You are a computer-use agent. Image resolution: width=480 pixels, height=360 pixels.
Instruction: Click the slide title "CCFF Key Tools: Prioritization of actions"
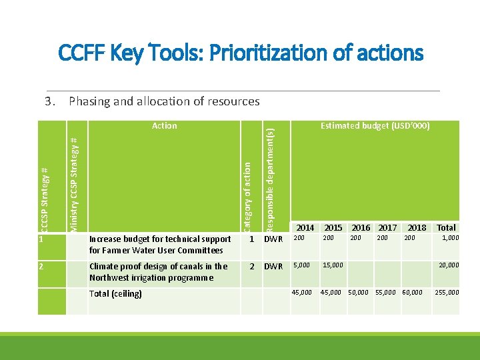(241, 52)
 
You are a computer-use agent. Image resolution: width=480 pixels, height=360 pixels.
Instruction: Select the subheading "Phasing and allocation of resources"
(164, 101)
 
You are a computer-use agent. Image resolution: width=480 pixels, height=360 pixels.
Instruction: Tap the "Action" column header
(164, 125)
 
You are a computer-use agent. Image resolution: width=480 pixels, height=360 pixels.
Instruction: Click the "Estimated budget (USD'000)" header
(375, 125)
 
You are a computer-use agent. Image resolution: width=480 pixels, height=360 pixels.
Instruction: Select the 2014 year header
(305, 228)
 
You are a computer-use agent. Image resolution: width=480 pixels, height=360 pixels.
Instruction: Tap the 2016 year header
(361, 228)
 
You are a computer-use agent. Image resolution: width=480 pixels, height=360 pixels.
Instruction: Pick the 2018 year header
(417, 228)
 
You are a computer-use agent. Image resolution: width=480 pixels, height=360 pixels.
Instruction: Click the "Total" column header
(446, 228)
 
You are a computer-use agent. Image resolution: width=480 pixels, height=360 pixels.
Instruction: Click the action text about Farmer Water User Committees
(160, 245)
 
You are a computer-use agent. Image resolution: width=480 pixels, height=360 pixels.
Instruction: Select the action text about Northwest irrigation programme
(158, 272)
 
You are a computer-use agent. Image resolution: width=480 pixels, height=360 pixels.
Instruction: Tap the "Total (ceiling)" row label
(115, 293)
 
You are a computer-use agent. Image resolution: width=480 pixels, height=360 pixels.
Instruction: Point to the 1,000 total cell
(450, 238)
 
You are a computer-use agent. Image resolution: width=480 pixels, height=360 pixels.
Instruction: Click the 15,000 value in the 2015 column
(332, 265)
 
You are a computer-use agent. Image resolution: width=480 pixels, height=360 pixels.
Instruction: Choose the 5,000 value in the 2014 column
(302, 265)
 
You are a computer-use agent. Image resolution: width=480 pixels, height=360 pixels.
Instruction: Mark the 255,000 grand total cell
(447, 292)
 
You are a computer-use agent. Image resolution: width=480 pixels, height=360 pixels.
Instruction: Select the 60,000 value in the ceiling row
(411, 292)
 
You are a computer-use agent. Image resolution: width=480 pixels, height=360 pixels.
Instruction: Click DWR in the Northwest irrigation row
(273, 267)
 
